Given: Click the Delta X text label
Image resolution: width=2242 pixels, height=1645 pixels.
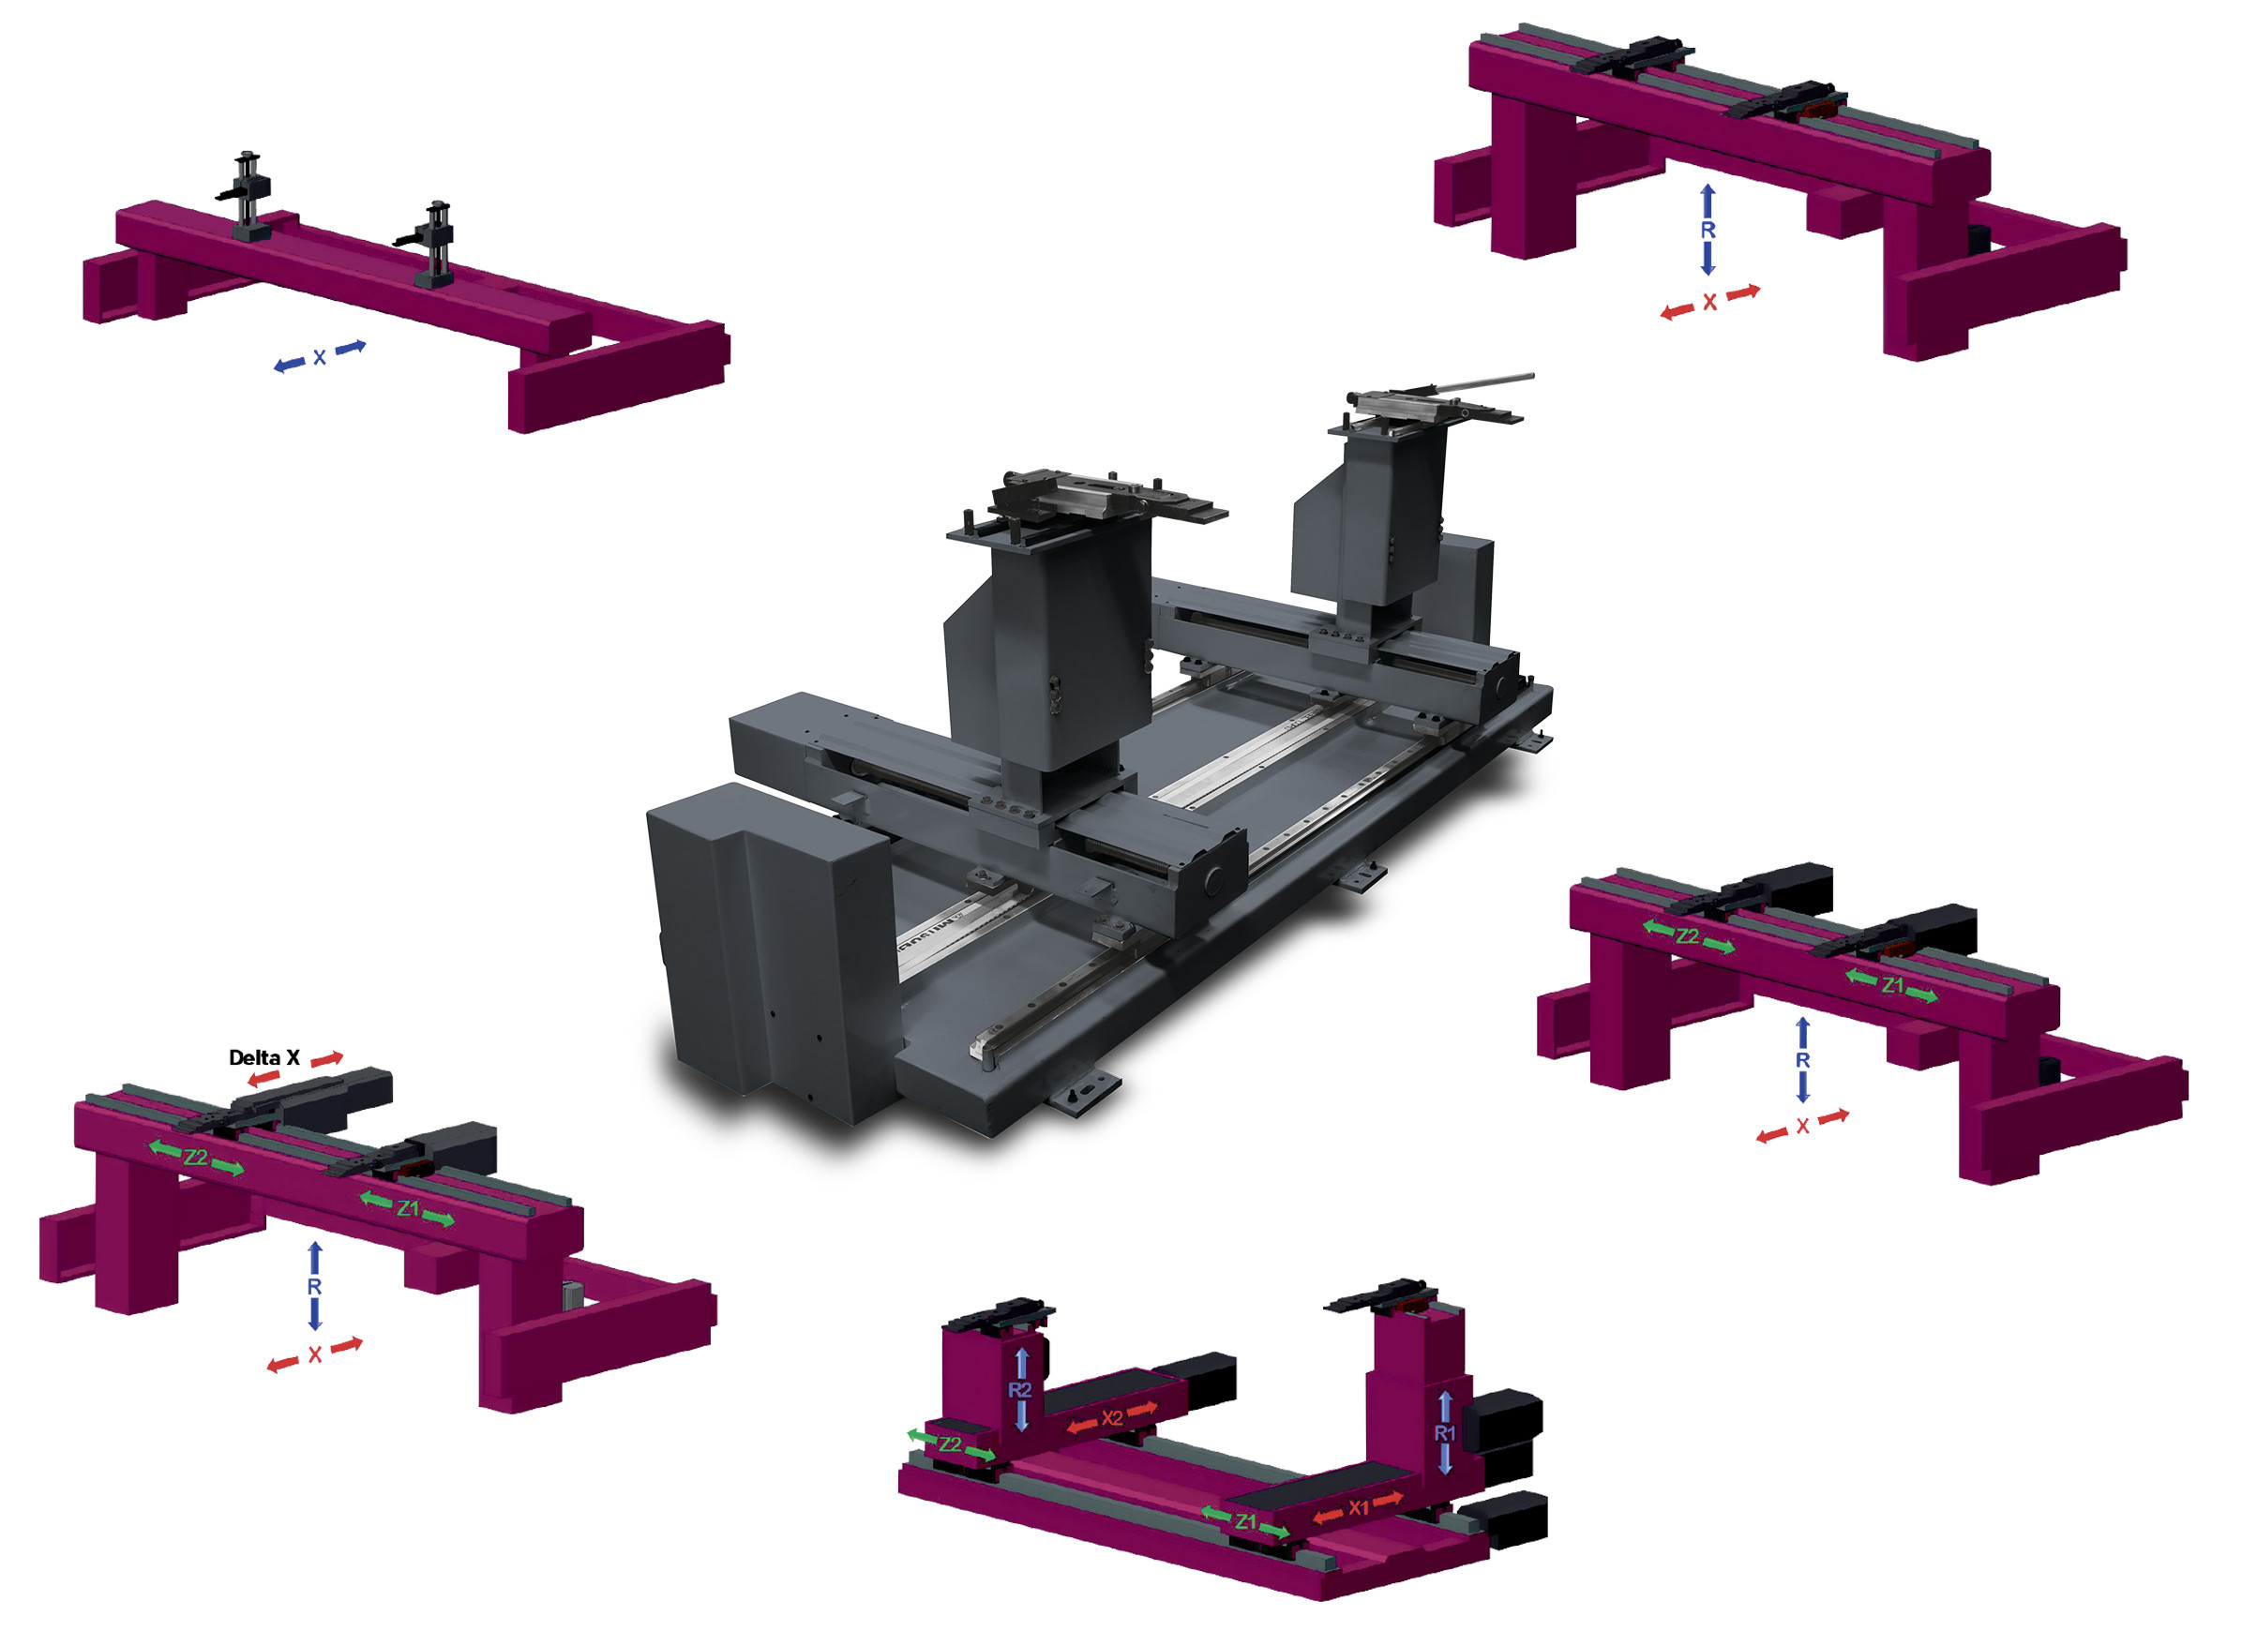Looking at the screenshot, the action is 263,1057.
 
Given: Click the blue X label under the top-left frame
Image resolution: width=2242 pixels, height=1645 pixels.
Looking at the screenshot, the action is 320,356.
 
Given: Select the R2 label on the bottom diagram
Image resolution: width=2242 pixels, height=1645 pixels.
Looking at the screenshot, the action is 1020,1389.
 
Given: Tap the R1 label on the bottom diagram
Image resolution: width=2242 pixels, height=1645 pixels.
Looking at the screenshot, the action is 1444,1433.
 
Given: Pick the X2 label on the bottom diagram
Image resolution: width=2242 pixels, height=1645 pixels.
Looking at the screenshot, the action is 1111,1418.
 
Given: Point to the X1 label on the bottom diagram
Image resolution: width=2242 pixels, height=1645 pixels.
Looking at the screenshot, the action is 1359,1508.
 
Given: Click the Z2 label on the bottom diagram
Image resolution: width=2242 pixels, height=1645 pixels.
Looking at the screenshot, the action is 950,1443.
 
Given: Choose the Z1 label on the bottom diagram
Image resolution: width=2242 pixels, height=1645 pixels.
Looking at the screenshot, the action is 1245,1521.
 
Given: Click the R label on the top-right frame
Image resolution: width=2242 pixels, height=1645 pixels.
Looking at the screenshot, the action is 1708,230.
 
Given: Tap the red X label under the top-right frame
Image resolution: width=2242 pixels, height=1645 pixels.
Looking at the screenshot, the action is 1709,302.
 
